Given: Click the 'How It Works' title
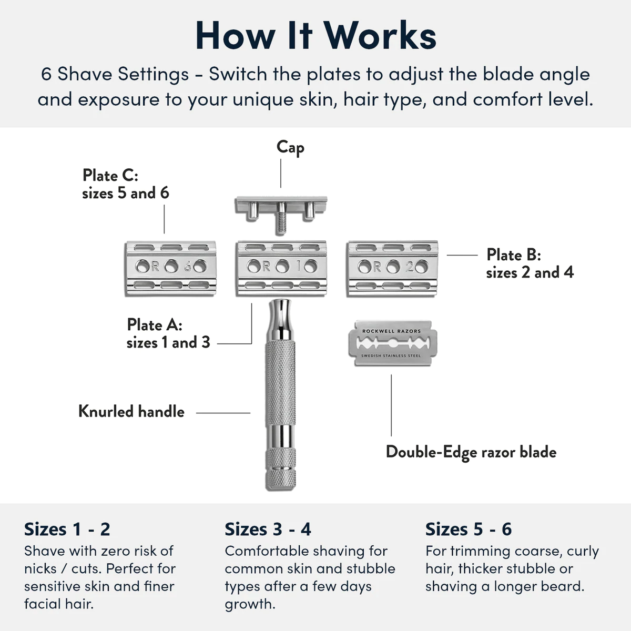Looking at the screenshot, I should coord(315,36).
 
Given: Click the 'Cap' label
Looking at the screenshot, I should coord(290,147).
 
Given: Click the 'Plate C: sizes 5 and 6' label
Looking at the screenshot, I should coord(126,184).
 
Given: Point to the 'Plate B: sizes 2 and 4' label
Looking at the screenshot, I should coord(530,263).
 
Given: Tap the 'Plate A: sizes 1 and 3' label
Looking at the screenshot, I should coord(168,333).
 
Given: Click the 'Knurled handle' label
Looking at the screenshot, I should coord(131,411).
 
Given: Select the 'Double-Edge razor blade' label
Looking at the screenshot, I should coord(471,452).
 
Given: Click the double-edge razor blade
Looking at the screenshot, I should coord(392,343).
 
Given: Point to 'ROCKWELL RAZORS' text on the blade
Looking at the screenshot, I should coord(392,331).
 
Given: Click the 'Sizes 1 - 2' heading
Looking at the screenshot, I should coord(67,529).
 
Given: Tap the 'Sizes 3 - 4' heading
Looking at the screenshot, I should coord(268,529).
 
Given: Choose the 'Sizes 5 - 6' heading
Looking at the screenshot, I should coord(469,529).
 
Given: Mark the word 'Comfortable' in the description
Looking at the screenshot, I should coord(267,551).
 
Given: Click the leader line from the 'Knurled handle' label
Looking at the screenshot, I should coord(223,413).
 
